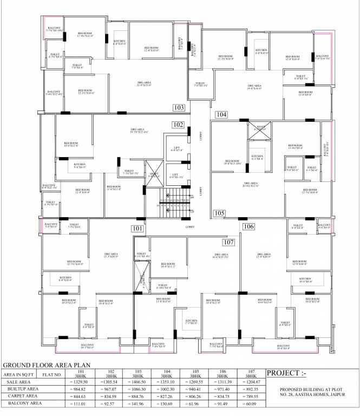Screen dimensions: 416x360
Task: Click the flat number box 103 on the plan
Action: point(179,108)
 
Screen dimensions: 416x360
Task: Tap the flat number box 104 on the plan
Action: point(221,114)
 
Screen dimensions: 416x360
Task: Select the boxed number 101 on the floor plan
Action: point(138,229)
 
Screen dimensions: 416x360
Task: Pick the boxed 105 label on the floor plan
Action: point(219,213)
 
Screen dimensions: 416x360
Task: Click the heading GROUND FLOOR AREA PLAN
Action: point(47,366)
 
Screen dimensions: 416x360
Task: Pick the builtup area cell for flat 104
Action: point(166,388)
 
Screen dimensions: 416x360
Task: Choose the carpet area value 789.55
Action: point(251,395)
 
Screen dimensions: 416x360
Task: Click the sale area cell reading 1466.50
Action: point(138,382)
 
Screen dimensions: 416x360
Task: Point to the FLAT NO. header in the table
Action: point(52,374)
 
